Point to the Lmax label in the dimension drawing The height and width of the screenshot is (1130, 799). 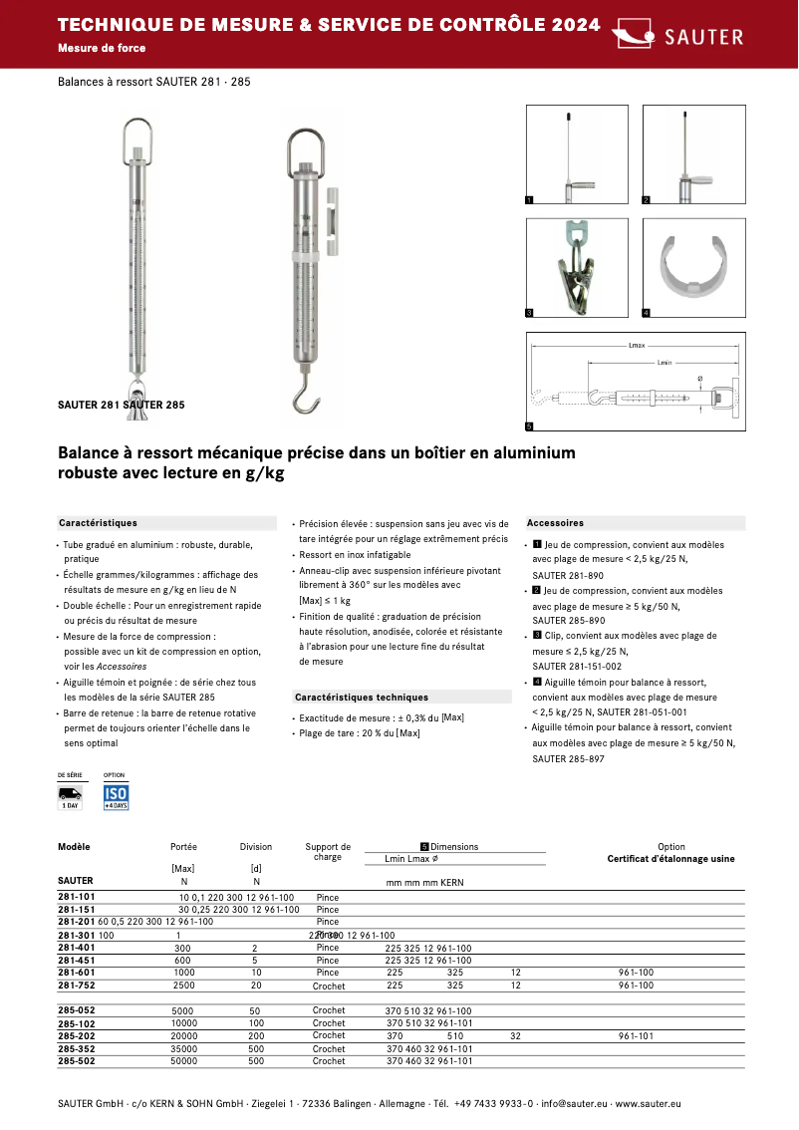tap(638, 346)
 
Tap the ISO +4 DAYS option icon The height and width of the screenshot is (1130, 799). tap(116, 796)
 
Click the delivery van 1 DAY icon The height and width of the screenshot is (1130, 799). tap(71, 796)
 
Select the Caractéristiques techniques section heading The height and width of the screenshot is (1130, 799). tap(362, 698)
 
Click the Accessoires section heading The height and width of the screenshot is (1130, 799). tap(555, 523)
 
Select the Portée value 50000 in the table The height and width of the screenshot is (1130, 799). tap(184, 1061)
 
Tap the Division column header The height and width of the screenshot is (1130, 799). tap(256, 847)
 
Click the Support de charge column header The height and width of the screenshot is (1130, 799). tap(328, 852)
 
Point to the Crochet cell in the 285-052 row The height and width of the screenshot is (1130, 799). tap(329, 1010)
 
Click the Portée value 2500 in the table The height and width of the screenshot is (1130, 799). tap(184, 986)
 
